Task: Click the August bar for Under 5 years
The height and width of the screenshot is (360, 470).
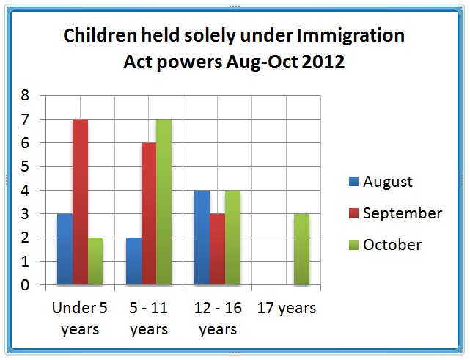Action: (x=65, y=249)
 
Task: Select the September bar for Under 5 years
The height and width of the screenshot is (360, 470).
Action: (x=80, y=202)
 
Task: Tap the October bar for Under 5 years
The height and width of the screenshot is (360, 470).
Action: (x=95, y=261)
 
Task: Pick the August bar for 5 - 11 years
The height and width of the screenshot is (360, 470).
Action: (x=133, y=261)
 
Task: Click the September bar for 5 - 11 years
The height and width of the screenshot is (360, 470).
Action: (x=148, y=213)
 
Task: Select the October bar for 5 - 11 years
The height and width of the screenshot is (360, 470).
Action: (x=164, y=202)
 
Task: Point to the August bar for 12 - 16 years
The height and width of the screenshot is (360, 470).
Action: (x=202, y=238)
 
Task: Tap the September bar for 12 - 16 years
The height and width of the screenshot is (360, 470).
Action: (x=217, y=249)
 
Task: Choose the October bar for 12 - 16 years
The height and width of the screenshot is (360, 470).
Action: (x=232, y=238)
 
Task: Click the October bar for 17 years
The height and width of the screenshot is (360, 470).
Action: (x=301, y=249)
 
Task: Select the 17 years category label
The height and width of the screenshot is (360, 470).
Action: (x=287, y=308)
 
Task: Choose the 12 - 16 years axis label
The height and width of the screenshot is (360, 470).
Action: (x=217, y=318)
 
